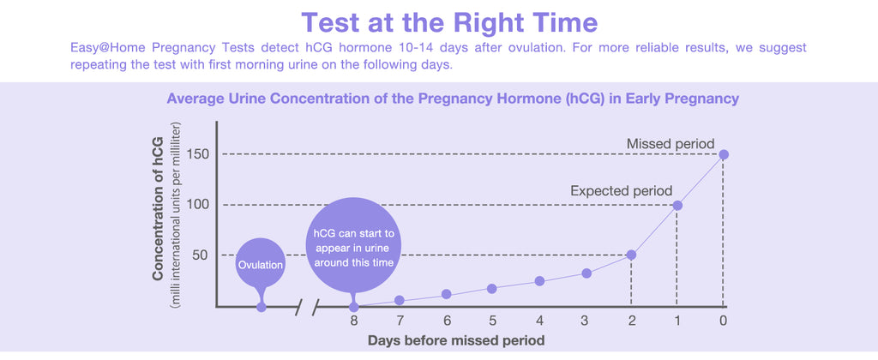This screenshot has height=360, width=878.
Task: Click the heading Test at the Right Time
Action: click(x=449, y=23)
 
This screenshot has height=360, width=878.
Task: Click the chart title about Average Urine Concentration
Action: click(x=453, y=99)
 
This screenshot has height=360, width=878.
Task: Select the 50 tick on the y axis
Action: click(x=200, y=255)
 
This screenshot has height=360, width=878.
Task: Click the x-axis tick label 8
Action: click(x=354, y=321)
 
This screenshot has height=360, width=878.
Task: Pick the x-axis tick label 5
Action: click(x=492, y=321)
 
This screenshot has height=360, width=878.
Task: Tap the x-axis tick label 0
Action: click(x=724, y=321)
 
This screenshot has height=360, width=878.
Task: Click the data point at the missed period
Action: click(x=724, y=154)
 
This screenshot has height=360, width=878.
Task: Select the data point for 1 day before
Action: click(x=677, y=206)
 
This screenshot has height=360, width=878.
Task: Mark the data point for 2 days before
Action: click(x=632, y=255)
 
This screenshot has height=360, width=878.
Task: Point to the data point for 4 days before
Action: click(x=539, y=281)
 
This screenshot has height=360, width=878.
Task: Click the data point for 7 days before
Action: click(x=400, y=301)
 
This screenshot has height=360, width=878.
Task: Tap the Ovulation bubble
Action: click(x=261, y=264)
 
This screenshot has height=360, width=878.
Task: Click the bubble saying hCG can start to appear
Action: click(x=353, y=245)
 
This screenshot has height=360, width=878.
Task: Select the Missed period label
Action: click(x=671, y=144)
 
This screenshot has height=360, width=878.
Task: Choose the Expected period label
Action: click(x=622, y=191)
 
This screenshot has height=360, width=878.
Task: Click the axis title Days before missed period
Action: click(x=456, y=339)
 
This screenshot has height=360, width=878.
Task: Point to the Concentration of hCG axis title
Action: click(x=158, y=208)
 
